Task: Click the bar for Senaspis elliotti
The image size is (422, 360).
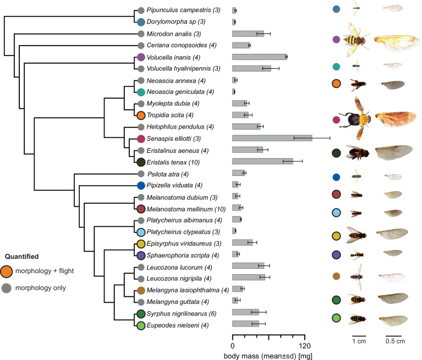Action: tap(272, 138)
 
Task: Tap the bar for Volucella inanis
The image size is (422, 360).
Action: tap(259, 57)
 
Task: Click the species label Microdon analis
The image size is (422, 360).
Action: tap(171, 34)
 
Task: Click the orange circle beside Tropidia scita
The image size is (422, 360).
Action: tap(141, 115)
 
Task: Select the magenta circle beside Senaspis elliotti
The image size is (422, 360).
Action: tap(141, 139)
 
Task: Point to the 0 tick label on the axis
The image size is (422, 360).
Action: tap(232, 346)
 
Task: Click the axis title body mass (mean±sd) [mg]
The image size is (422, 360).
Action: tap(268, 356)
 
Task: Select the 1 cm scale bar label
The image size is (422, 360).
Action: tap(359, 342)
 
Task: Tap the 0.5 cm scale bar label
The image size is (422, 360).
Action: tap(394, 342)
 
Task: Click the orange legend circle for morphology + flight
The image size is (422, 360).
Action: tap(8, 270)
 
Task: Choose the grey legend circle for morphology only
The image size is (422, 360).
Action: tap(8, 287)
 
